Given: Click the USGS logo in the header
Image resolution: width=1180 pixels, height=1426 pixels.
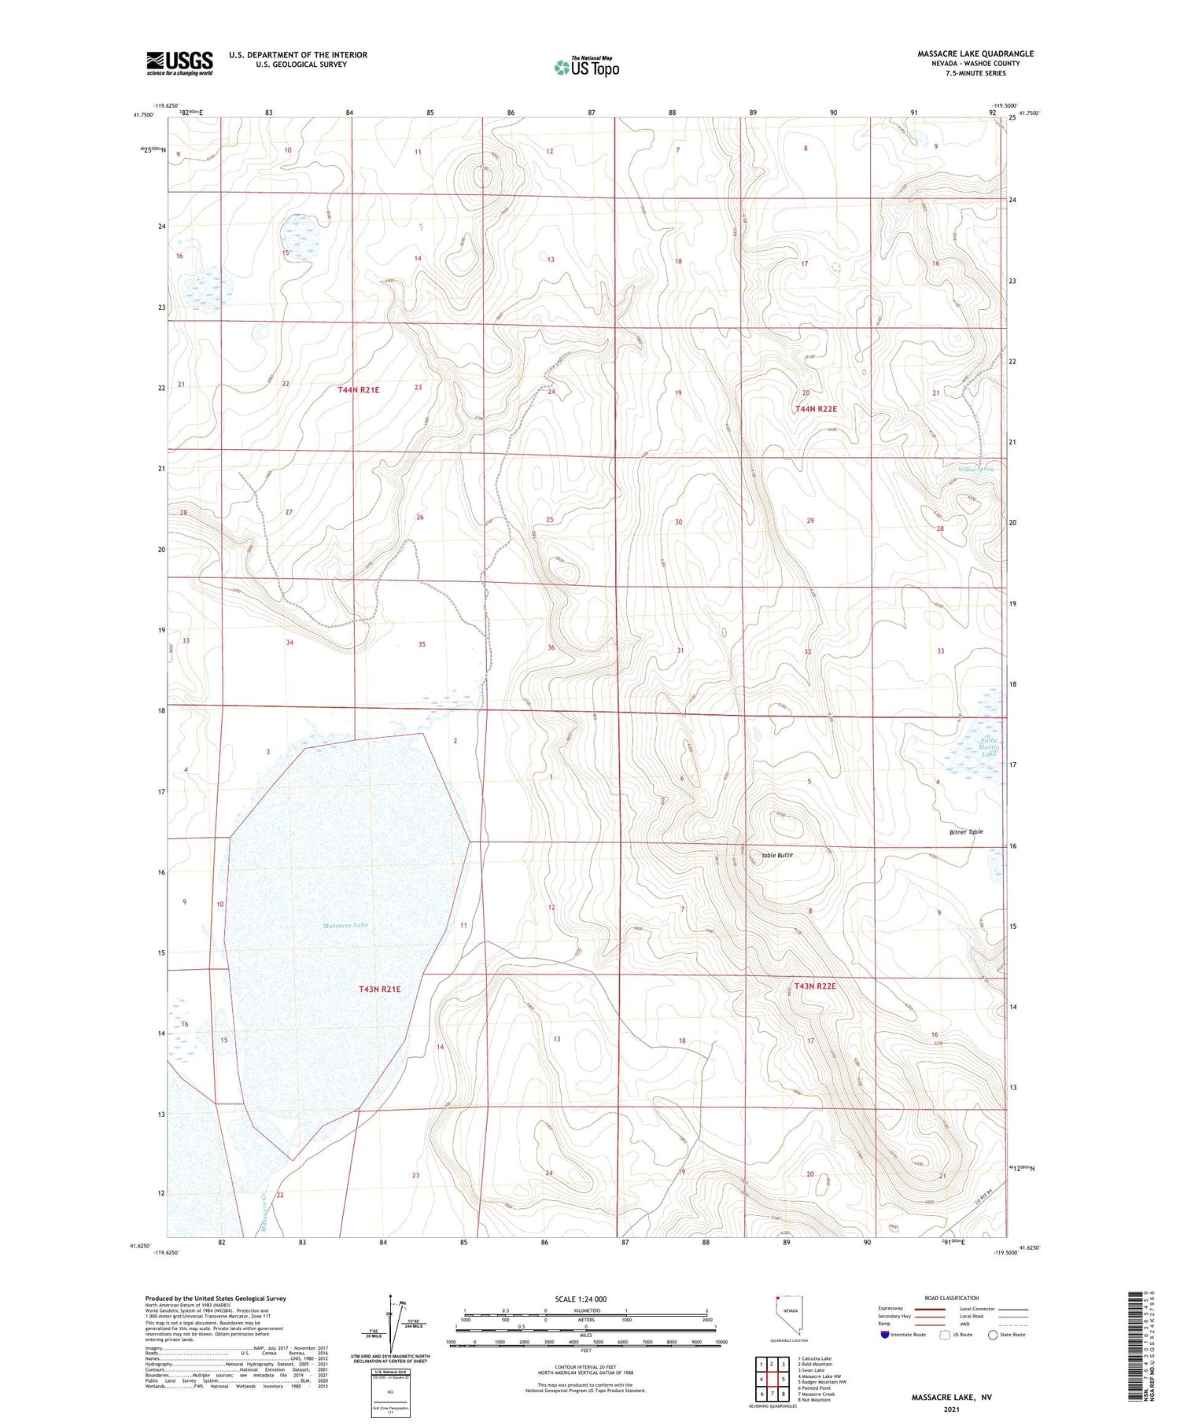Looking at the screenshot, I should [179, 63].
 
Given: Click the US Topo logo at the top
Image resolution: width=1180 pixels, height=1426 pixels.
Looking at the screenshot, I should [586, 68].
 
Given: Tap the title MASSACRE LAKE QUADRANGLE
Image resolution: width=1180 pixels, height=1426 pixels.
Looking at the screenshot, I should [975, 53].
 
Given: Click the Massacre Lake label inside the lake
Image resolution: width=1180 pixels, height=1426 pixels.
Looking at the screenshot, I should [345, 925].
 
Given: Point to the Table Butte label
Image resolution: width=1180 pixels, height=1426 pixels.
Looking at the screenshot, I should [776, 855].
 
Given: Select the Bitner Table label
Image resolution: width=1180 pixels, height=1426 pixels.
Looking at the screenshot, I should [965, 831].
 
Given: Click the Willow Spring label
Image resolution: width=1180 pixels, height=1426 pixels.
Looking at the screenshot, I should [975, 469].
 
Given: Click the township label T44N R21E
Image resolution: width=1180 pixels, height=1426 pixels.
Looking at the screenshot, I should [358, 390].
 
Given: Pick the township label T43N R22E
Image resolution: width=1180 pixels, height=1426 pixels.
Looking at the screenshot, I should [814, 986].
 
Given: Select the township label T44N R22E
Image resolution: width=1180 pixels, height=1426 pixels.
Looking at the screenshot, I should [816, 409].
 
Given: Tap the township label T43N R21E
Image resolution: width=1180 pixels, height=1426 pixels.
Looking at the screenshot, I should [379, 989].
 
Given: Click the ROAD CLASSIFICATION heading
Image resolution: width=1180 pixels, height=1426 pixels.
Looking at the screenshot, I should [952, 1298].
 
